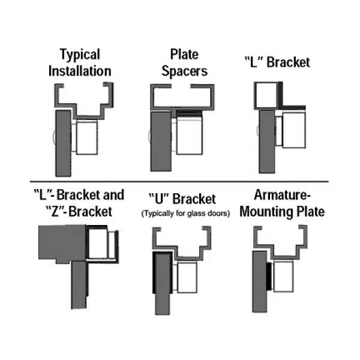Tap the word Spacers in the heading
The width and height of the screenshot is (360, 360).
[187, 71]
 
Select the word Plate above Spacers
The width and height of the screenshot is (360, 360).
[187, 55]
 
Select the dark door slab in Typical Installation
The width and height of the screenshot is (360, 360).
[62, 142]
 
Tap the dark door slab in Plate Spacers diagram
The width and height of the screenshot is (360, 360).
[159, 144]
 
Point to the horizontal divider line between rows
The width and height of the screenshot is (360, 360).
[180, 181]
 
